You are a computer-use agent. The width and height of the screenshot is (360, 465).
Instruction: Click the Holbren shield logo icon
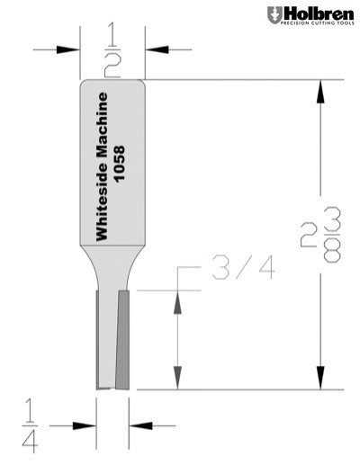(x=274, y=15)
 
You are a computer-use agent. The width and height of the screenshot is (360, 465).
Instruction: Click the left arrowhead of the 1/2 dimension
(x=70, y=50)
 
